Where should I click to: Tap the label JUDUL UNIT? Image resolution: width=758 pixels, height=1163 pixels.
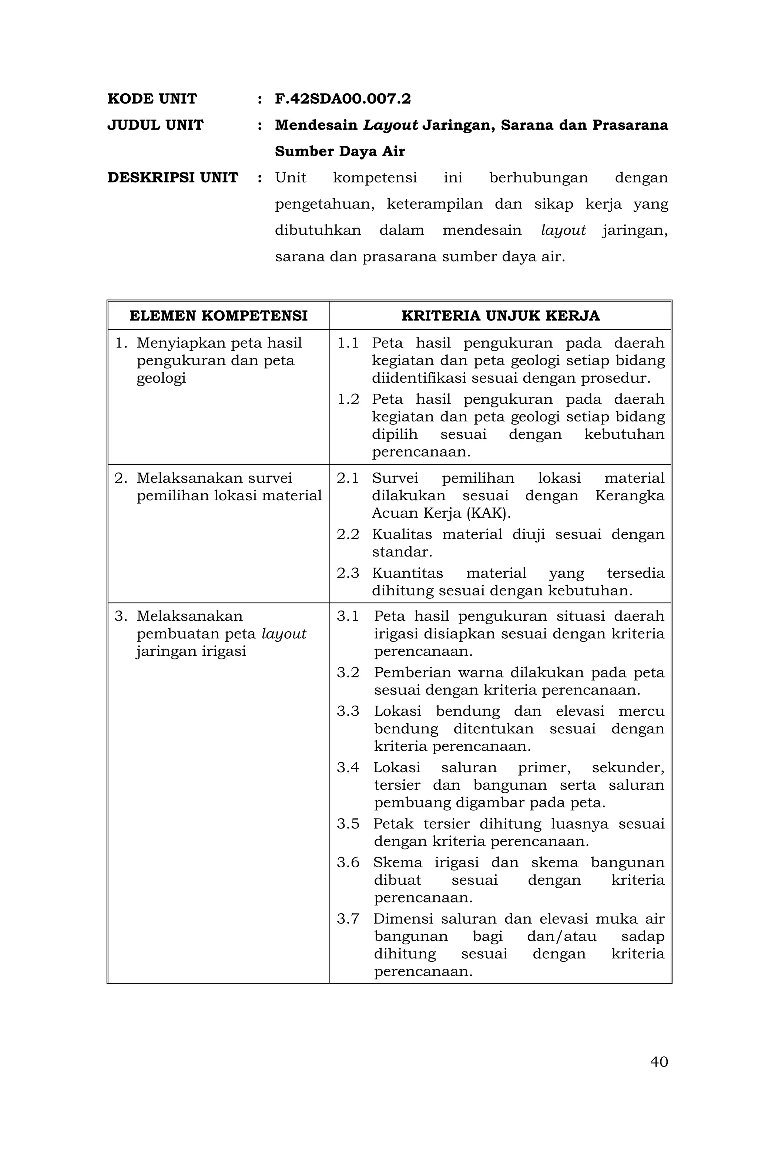pyautogui.click(x=155, y=125)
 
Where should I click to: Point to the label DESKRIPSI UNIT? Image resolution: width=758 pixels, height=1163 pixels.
pyautogui.click(x=172, y=177)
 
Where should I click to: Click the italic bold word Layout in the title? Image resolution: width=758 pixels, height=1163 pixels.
pyautogui.click(x=390, y=125)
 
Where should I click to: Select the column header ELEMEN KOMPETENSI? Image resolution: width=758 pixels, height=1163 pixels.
pyautogui.click(x=218, y=316)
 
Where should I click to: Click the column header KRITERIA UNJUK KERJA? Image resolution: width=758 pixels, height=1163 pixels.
pyautogui.click(x=500, y=316)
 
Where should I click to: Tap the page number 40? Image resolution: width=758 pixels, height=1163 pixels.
pyautogui.click(x=658, y=1075)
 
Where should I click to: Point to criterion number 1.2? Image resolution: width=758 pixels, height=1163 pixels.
pyautogui.click(x=348, y=399)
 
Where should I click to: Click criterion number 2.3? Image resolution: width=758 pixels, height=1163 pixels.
pyautogui.click(x=348, y=573)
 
